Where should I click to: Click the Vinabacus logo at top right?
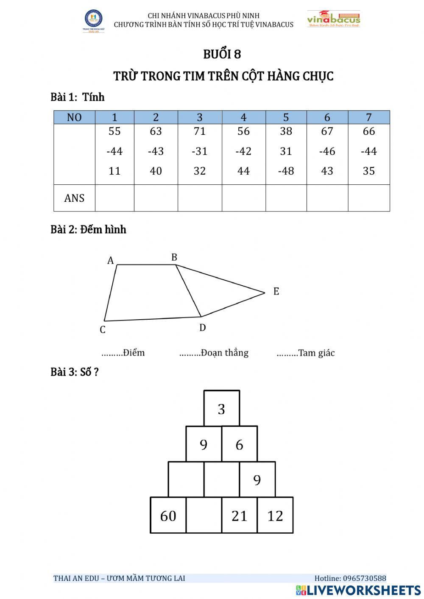[x=334, y=19]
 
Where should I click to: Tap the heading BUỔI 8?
[x=222, y=54]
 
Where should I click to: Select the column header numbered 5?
[x=286, y=117]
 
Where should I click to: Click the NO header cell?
[x=74, y=117]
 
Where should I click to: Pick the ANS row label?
[x=74, y=198]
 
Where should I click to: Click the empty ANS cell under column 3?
[x=200, y=198]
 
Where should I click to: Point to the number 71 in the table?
[x=200, y=131]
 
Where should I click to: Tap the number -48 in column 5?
[x=286, y=171]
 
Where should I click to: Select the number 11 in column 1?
[x=114, y=171]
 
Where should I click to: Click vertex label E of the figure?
[x=276, y=292]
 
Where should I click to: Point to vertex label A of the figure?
[x=111, y=261]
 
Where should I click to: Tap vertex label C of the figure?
[x=103, y=330]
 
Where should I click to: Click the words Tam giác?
[x=316, y=353]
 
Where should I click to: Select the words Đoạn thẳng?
[x=225, y=353]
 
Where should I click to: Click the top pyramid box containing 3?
[x=221, y=409]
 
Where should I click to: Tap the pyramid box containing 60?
[x=168, y=515]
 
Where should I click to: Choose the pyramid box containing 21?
[x=239, y=515]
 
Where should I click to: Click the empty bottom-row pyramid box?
[x=204, y=515]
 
